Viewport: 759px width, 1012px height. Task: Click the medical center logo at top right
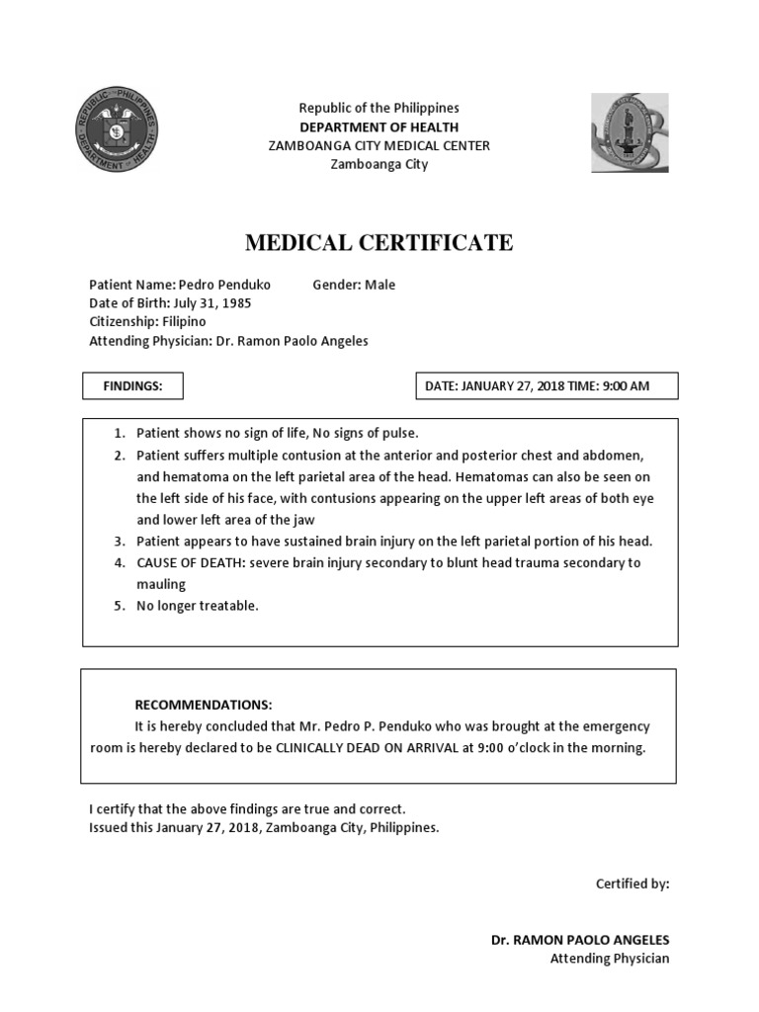tap(629, 132)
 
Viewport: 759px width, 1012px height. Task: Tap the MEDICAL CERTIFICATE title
tap(379, 242)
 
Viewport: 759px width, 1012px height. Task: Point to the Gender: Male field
tap(354, 285)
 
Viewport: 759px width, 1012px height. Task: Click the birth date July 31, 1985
tap(211, 303)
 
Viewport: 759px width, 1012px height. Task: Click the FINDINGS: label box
tap(132, 386)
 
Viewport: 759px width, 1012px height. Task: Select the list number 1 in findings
tap(119, 434)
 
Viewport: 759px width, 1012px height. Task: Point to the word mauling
tap(161, 584)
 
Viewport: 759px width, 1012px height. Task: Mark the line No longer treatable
tap(197, 606)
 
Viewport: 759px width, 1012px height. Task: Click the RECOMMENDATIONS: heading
tap(203, 705)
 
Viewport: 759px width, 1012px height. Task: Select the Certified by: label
tap(632, 884)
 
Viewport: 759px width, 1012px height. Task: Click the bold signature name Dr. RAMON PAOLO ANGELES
tap(580, 939)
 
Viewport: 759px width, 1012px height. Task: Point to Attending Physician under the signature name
tap(609, 958)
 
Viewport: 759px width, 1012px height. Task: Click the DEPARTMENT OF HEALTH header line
tap(379, 126)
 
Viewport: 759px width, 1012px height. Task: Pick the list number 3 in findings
tap(119, 542)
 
